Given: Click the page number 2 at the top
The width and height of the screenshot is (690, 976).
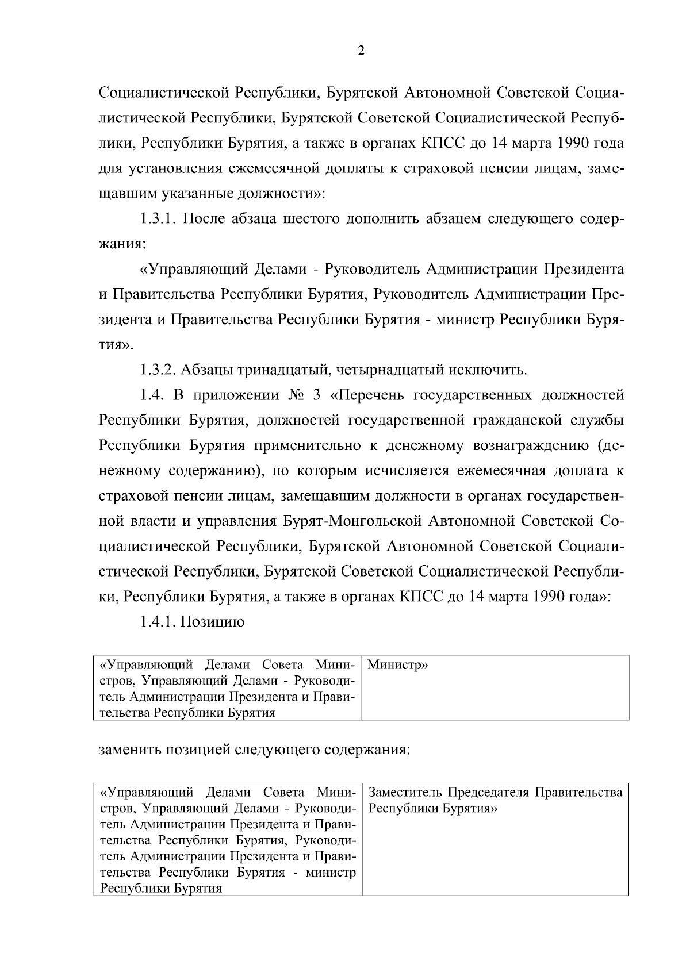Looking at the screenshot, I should pos(361,51).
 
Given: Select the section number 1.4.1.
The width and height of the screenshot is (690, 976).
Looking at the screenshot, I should pos(158,622).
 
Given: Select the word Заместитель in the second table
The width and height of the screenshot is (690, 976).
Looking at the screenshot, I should pos(405,793).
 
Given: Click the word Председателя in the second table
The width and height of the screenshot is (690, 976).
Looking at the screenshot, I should pos(488,793).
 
